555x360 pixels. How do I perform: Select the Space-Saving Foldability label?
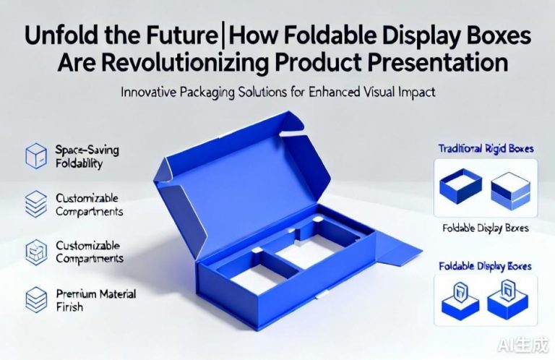coord(87,156)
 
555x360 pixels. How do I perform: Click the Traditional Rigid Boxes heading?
coord(486,148)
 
